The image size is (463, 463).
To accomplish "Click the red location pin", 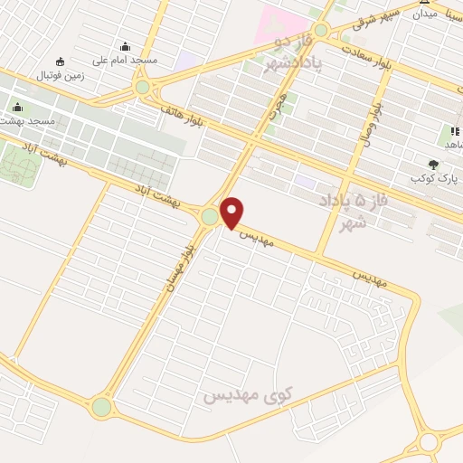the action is click(232, 212).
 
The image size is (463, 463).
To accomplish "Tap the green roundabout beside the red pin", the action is click(210, 217).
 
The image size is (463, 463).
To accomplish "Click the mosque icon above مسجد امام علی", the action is click(124, 47).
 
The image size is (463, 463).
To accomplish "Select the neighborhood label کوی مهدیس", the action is click(245, 395).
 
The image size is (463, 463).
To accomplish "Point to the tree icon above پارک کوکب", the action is click(433, 165).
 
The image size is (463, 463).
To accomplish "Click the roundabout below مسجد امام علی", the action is click(142, 87).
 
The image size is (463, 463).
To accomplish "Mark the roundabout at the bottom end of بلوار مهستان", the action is click(101, 407).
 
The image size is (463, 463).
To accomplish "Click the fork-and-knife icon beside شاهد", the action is click(450, 132).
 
